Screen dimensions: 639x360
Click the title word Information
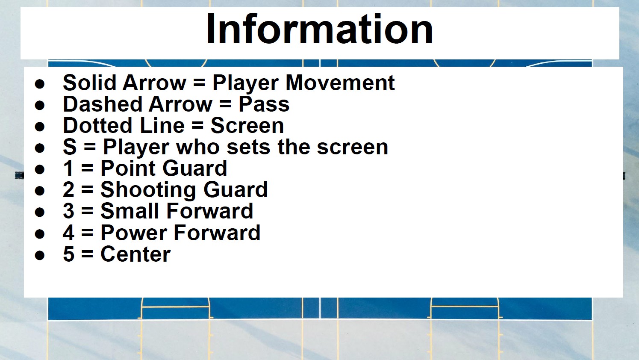(320, 29)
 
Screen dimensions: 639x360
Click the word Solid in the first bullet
(90, 83)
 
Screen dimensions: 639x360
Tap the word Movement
(340, 83)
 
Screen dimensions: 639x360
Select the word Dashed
(103, 104)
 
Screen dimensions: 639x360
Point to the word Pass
(264, 104)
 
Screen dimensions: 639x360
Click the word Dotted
(97, 126)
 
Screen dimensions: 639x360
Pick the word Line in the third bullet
(162, 126)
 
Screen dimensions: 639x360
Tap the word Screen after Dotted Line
(247, 126)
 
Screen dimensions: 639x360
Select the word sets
(248, 147)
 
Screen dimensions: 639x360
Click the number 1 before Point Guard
(68, 168)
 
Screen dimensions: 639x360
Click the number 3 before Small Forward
(68, 211)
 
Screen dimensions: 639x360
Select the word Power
(134, 233)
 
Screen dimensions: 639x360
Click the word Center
(135, 254)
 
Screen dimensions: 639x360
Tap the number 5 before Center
(68, 254)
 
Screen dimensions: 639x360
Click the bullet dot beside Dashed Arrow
(40, 105)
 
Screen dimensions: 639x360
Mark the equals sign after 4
(87, 233)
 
